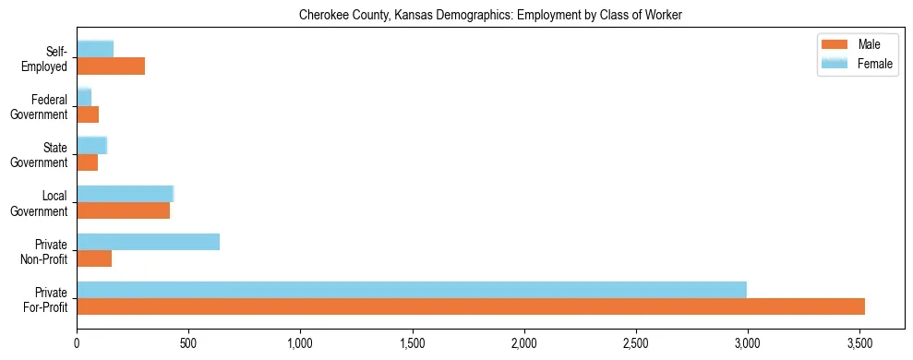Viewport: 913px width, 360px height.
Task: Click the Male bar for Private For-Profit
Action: point(471,306)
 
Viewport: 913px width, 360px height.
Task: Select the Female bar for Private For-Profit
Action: point(412,290)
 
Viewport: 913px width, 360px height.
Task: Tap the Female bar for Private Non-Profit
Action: point(149,242)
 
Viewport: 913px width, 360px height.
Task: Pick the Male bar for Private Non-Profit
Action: point(94,258)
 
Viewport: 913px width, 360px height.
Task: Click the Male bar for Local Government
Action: point(124,210)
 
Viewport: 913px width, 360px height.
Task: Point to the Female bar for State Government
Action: point(92,145)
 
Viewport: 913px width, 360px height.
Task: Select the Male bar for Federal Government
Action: point(88,114)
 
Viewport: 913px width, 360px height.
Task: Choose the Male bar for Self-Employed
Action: point(111,66)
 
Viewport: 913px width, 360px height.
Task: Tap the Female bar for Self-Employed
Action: point(95,49)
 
